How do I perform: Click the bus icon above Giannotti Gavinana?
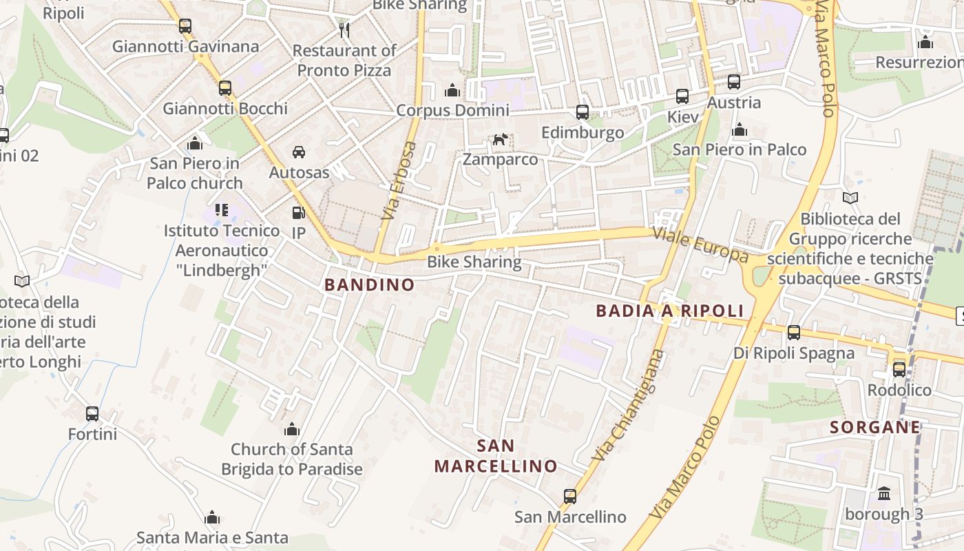point(185,26)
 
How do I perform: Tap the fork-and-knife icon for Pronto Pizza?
point(344,30)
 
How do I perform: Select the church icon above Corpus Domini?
point(452,90)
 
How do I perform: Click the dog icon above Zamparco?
point(500,140)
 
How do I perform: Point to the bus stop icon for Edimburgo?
point(583,112)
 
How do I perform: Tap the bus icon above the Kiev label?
point(682,96)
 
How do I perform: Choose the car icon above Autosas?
point(299,152)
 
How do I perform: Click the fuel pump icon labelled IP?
point(298,214)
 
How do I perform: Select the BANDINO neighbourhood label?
point(370,284)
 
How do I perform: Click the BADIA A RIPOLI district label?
point(670,311)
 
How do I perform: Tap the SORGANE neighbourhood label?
point(874,427)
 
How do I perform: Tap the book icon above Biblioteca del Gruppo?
point(850,198)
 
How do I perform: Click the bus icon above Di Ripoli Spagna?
point(794,333)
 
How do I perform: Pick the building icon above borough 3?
point(884,494)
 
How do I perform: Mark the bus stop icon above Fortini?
point(92,414)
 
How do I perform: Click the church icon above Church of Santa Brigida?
point(292,430)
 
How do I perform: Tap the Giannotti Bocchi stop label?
point(225,108)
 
